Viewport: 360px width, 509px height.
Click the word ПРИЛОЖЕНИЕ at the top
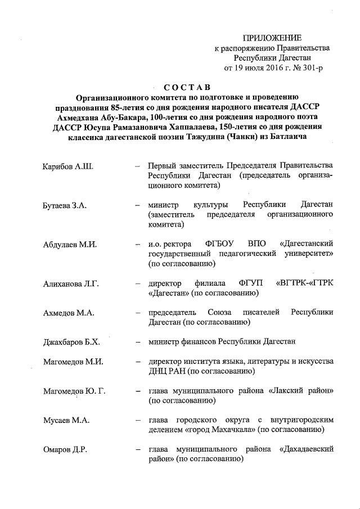pos(272,38)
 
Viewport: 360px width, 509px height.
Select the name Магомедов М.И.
pos(73,361)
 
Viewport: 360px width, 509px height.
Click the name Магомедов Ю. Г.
pos(74,391)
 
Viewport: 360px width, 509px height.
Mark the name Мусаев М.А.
pos(66,420)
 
